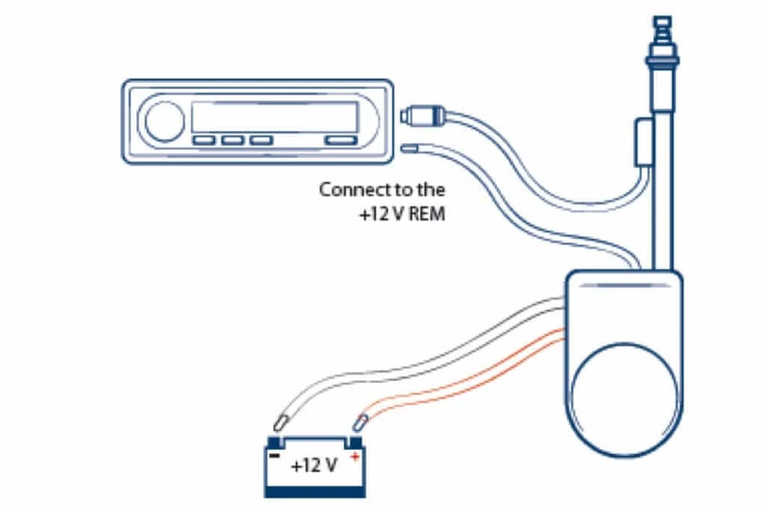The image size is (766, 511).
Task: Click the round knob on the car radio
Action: pos(165,121)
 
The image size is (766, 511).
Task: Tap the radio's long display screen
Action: pos(275,117)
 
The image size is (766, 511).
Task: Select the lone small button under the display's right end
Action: pos(340,140)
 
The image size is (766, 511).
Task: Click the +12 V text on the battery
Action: pos(314,465)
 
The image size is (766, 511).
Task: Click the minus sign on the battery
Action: pos(275,454)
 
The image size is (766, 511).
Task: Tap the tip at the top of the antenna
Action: pos(660,22)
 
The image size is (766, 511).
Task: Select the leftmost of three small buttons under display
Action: pos(204,140)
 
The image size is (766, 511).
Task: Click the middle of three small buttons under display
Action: pos(233,140)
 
